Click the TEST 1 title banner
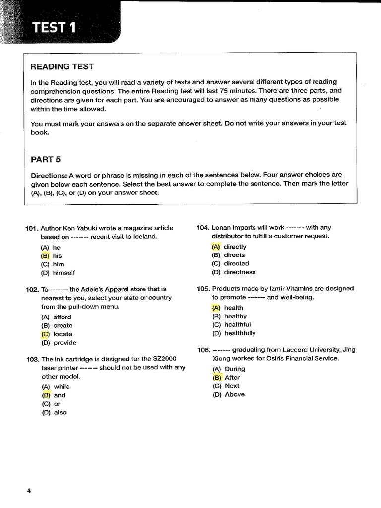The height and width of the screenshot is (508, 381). [55, 28]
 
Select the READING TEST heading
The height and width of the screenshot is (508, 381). [62, 66]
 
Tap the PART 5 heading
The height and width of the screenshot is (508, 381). [46, 159]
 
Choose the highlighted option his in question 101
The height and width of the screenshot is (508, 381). [57, 256]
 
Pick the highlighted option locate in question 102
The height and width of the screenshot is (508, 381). [63, 334]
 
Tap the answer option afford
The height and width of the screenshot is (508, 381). [62, 317]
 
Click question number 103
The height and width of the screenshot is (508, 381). [32, 359]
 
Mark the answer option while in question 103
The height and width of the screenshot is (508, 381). [62, 387]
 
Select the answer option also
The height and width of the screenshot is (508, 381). [60, 412]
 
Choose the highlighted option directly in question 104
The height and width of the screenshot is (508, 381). [235, 247]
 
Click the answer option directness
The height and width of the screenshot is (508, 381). [240, 272]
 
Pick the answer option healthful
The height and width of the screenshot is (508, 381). [237, 325]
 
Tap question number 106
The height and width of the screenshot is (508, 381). [203, 350]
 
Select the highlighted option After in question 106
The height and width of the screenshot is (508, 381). [232, 378]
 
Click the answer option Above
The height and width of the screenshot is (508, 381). [234, 394]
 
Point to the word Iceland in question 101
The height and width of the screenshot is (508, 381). [144, 237]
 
